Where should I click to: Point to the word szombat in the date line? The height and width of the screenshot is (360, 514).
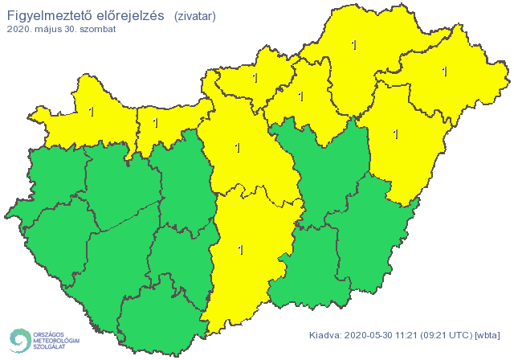pos(97,29)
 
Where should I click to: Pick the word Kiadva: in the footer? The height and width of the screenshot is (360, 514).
pos(325,335)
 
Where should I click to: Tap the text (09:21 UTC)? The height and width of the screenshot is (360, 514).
pos(450,335)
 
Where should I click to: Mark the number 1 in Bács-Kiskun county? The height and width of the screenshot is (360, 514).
pos(240,250)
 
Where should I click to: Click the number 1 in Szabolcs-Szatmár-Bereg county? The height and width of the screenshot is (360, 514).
pos(444,72)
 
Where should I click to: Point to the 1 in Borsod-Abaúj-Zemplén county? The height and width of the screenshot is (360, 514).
pos(354,45)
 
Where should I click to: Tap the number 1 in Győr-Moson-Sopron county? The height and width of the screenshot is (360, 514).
pos(91,112)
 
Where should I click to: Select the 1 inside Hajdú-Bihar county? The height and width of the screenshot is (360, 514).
pos(395,133)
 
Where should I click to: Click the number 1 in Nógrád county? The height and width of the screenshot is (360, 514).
pos(255,78)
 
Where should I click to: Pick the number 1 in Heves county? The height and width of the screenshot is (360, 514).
pos(300,96)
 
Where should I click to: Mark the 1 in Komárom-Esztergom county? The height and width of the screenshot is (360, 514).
pos(155,123)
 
